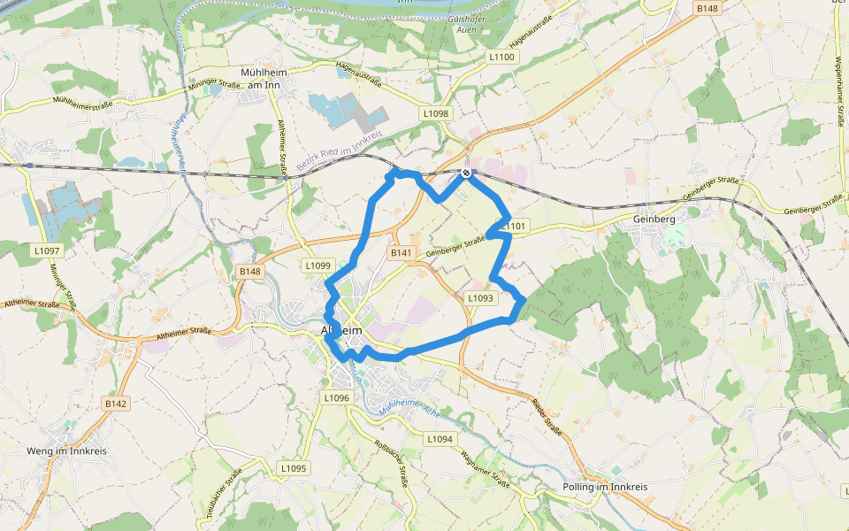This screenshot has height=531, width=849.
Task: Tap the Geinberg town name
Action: pyautogui.click(x=654, y=219)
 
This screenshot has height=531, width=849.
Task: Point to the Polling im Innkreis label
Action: pyautogui.click(x=605, y=488)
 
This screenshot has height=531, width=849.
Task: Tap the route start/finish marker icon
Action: pyautogui.click(x=466, y=173)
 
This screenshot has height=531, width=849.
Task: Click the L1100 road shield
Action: pyautogui.click(x=501, y=57)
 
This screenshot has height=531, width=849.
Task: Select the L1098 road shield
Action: pyautogui.click(x=436, y=113)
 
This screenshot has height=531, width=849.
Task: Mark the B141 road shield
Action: pyautogui.click(x=402, y=253)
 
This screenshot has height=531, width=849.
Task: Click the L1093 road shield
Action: pyautogui.click(x=479, y=298)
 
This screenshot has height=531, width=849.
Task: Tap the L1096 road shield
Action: pyautogui.click(x=337, y=398)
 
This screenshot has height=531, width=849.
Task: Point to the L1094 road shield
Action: pyautogui.click(x=440, y=439)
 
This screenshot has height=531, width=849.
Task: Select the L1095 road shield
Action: pyautogui.click(x=294, y=468)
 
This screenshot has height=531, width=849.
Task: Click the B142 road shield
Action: pyautogui.click(x=116, y=404)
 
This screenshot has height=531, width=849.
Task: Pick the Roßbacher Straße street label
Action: pyautogui.click(x=391, y=464)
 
